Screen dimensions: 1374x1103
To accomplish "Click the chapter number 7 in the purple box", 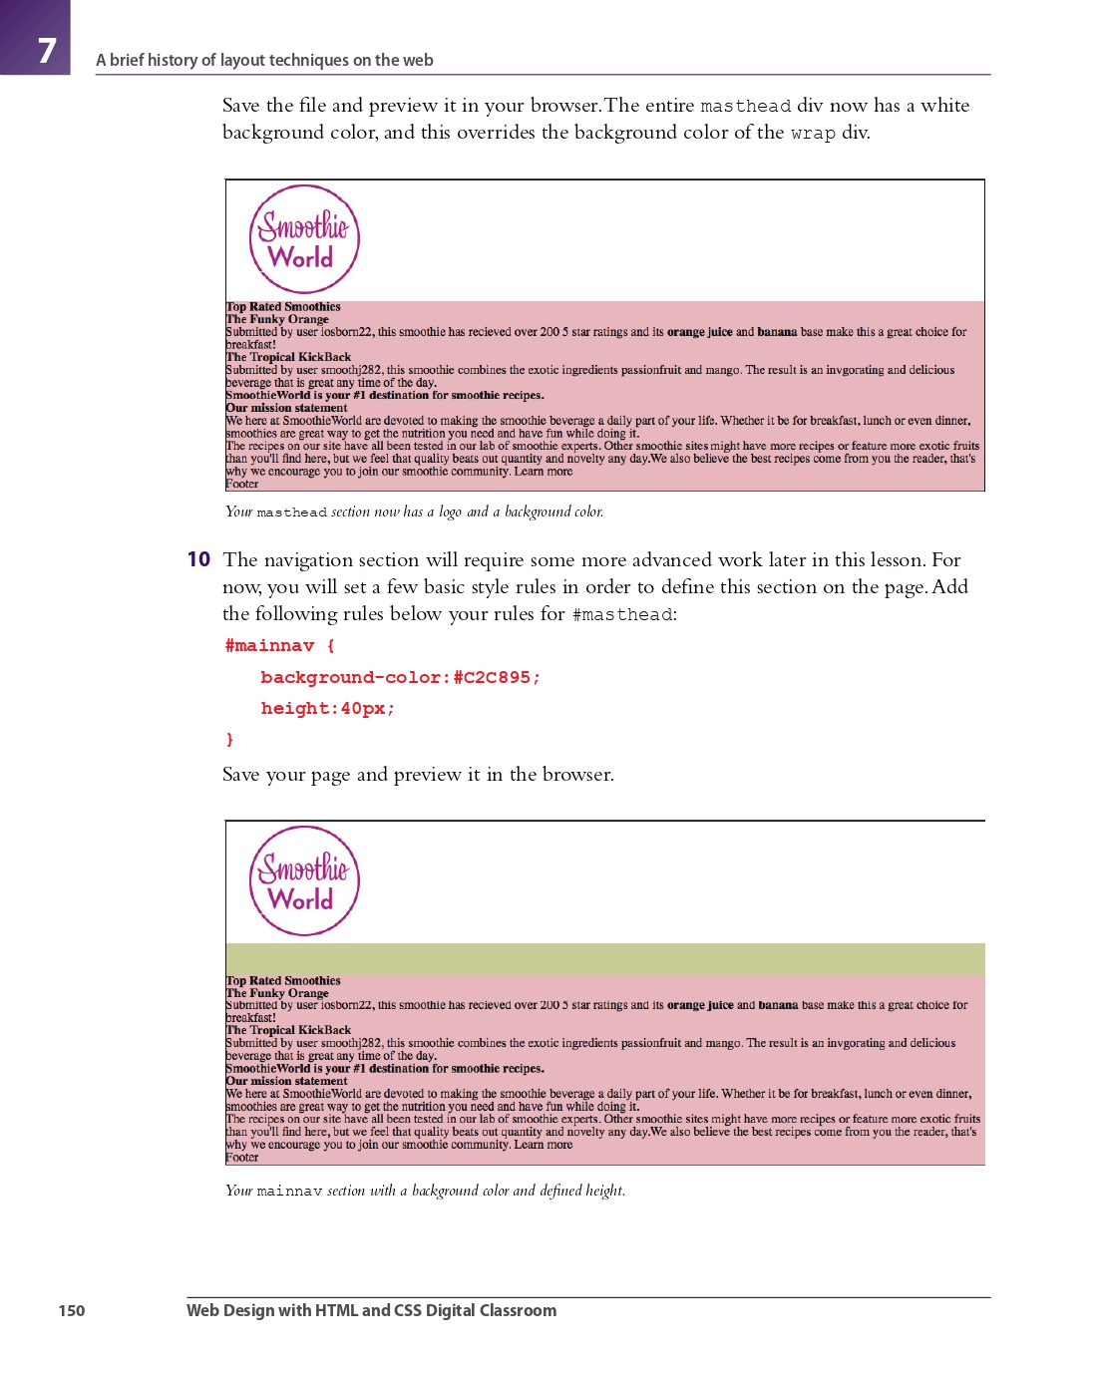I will coord(46,50).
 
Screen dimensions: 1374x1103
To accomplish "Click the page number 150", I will coord(72,1310).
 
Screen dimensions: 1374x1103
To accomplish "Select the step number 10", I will coord(198,559).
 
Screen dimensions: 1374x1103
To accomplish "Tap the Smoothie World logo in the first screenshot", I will coord(304,240).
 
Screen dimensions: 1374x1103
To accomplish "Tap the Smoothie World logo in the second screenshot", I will coord(304,881).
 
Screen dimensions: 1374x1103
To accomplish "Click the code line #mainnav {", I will coord(279,646).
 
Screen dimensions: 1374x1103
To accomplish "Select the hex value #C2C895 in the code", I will coord(492,678).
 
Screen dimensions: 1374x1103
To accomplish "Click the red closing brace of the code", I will coord(229,739).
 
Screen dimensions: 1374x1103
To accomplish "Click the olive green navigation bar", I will coord(605,959).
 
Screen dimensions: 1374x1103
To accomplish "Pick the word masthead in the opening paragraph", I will coord(745,107).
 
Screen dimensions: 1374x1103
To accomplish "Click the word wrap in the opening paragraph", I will coord(812,134).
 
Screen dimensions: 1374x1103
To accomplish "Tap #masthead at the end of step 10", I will coord(622,615).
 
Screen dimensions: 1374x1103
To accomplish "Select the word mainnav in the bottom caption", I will coord(289,1192).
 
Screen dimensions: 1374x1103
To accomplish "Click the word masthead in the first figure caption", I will coord(291,513).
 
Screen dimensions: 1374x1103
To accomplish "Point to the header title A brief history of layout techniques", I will coord(264,60).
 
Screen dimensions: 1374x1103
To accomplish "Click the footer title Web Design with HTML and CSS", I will coord(371,1310).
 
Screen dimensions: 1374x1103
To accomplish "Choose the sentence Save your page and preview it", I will coord(418,775).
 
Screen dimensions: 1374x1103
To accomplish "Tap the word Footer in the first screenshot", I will coord(242,485).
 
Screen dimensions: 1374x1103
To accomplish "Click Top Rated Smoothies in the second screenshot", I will coord(283,981).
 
